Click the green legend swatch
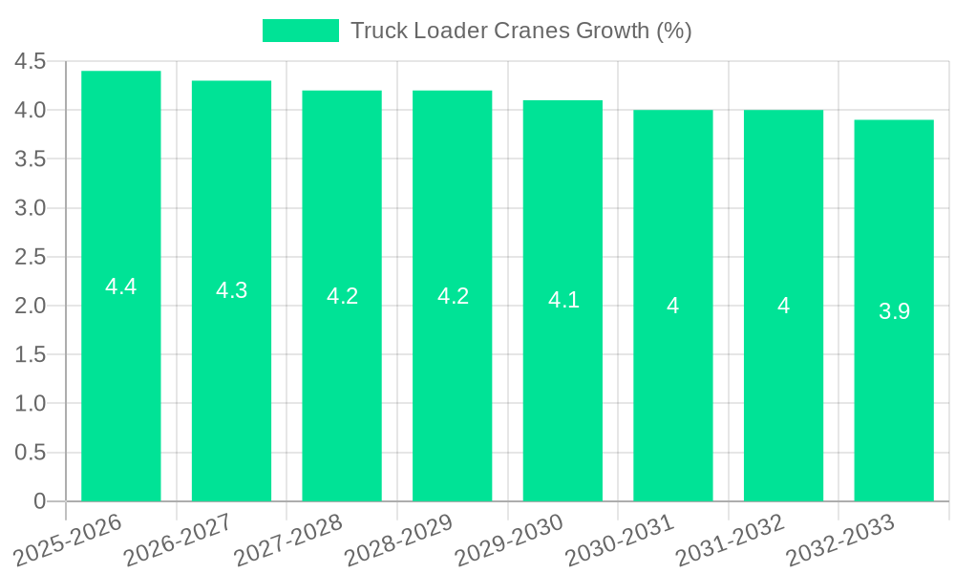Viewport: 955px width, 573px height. click(x=300, y=31)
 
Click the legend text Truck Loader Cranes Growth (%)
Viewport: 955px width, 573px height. click(x=520, y=31)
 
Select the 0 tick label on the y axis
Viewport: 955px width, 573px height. click(x=39, y=501)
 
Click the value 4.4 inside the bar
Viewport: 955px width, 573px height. click(x=121, y=286)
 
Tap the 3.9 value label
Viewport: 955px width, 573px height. click(x=894, y=311)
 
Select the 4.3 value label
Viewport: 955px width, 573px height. click(x=231, y=291)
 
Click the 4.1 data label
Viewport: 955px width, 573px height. click(x=562, y=301)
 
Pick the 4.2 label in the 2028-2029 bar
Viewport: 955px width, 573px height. click(x=453, y=296)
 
